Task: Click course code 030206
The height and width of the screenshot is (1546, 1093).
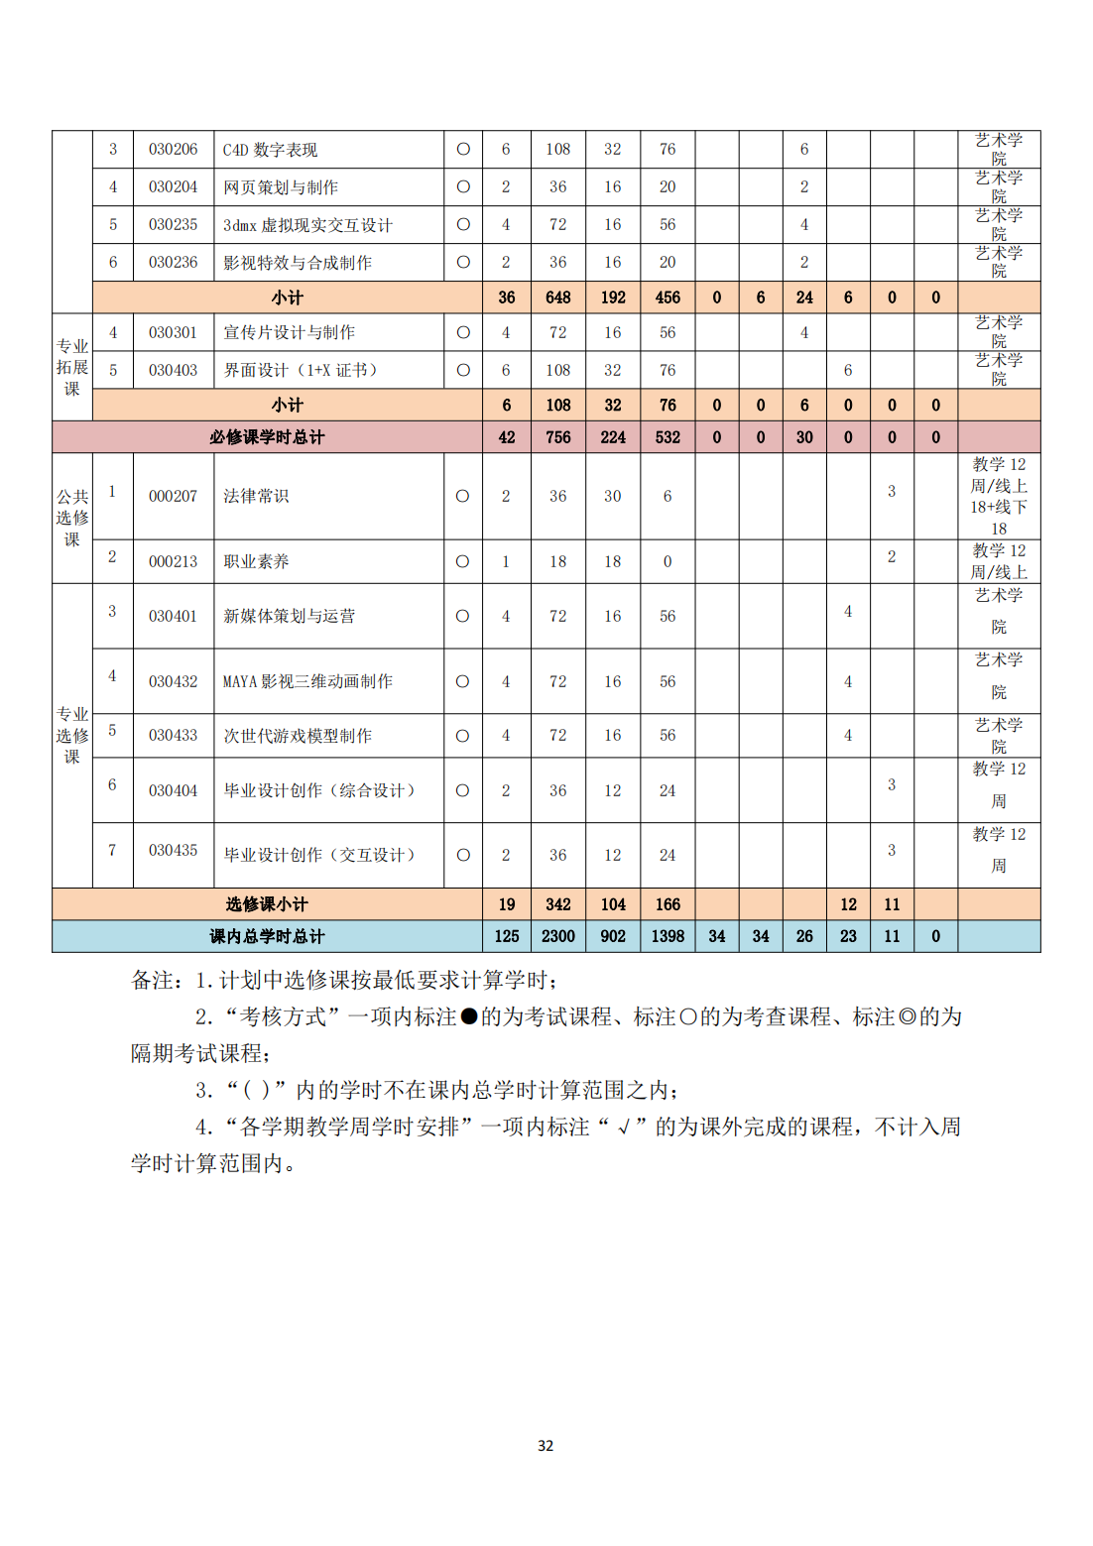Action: coord(173,150)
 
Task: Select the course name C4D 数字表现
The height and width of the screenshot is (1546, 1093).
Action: coord(270,150)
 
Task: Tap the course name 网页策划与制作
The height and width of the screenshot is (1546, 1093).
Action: coord(281,187)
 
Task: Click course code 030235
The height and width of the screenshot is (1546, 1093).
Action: coord(173,225)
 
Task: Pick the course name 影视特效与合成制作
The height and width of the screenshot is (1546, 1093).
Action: coord(298,263)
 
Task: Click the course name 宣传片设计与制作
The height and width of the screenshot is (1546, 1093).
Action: coord(289,333)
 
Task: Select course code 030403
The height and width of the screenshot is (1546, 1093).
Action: coord(173,371)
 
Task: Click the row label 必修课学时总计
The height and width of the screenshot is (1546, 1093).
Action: coord(267,437)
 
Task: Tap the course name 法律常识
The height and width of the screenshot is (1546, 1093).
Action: coord(256,496)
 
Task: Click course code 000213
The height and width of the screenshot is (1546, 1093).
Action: coord(173,561)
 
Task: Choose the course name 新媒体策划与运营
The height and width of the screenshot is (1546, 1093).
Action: coord(289,616)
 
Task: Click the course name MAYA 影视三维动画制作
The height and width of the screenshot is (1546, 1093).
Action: coord(307,681)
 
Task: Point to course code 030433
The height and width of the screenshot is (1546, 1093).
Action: coord(173,736)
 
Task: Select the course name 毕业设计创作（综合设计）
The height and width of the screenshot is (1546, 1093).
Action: coord(319,790)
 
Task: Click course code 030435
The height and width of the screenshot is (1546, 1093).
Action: coord(173,851)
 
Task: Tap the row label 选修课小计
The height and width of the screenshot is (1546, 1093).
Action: coord(267,904)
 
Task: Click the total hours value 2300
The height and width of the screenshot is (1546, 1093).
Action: coord(558,936)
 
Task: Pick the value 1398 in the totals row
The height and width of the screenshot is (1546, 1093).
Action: coord(668,936)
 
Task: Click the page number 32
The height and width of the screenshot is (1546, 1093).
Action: coord(546,1446)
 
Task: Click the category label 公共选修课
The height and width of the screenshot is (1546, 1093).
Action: coord(72,518)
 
